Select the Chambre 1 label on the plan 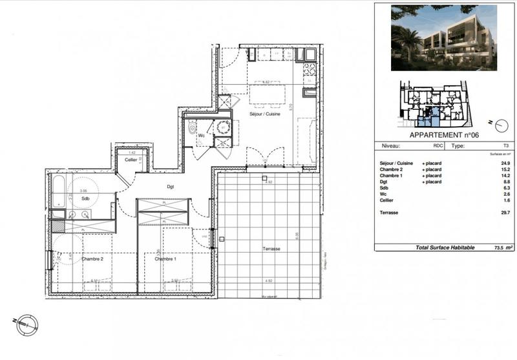(x=165, y=259)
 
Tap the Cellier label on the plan (x=131, y=159)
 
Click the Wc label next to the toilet (x=202, y=136)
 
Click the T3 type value (x=495, y=147)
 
